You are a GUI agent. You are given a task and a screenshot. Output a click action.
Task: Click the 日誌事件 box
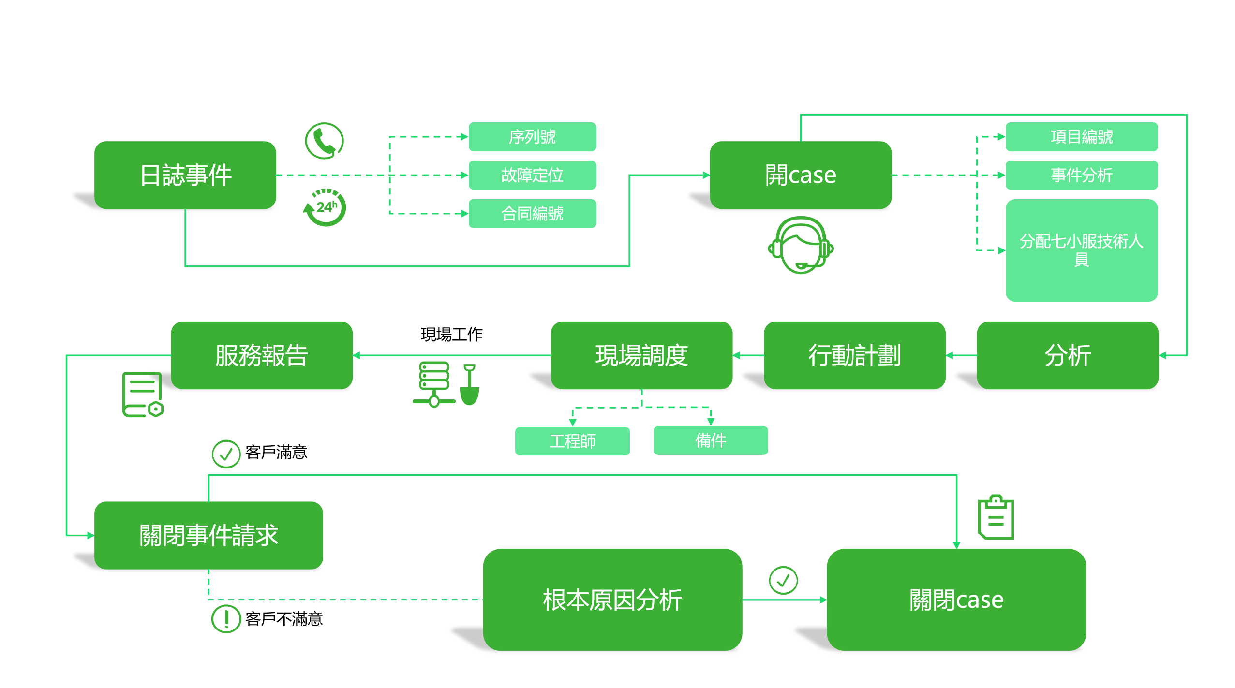[185, 175]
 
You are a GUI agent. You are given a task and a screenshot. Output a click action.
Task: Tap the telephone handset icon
[324, 141]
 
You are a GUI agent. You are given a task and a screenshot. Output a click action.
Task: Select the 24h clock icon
[325, 208]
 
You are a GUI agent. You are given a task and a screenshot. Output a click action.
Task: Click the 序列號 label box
[532, 137]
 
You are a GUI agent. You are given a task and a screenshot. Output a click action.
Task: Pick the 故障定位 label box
[532, 175]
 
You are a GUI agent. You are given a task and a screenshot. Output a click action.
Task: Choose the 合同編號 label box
[532, 213]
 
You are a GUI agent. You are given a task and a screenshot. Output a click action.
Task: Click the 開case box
[800, 175]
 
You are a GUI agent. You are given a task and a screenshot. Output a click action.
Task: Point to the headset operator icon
[801, 245]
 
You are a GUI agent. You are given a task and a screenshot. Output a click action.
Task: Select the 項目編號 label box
[1081, 137]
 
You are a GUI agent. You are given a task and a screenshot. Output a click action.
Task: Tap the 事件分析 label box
[1081, 175]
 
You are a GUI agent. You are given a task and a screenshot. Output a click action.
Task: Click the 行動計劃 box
[854, 355]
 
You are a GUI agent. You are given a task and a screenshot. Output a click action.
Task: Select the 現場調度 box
[641, 355]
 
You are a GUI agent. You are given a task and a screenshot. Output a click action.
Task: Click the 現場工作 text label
[451, 334]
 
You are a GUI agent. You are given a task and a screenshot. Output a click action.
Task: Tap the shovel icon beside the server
[469, 385]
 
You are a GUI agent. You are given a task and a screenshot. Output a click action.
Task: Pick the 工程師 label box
[572, 441]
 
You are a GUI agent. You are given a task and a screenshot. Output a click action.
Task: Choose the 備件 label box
[710, 440]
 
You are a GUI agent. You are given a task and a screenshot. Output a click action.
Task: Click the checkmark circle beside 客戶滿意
[226, 454]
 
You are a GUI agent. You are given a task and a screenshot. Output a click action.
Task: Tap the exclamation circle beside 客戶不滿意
[226, 618]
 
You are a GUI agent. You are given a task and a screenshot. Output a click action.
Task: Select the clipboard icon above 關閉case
[996, 517]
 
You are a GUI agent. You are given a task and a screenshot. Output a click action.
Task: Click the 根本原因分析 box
[612, 600]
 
